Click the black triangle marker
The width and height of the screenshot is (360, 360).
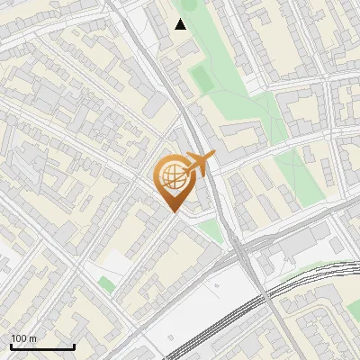[x=181, y=24]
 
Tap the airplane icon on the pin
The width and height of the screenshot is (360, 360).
[x=201, y=164]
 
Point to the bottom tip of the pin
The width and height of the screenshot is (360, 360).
[x=173, y=211]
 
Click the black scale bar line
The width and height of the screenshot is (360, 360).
[x=42, y=347]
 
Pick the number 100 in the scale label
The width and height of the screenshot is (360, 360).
[x=18, y=338]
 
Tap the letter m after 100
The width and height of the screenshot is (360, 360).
[x=32, y=338]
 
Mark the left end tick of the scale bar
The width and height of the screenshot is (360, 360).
[x=11, y=346]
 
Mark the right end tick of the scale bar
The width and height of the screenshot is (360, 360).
[x=74, y=346]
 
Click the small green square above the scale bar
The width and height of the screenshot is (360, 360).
[x=107, y=285]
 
